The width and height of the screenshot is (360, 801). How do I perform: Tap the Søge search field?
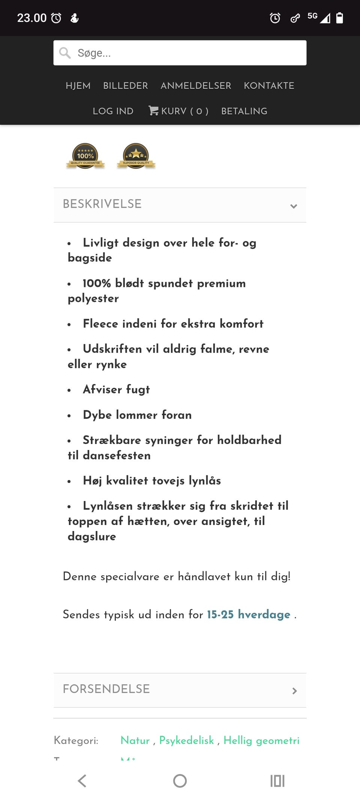(x=180, y=53)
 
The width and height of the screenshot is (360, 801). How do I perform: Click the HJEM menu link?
(x=78, y=86)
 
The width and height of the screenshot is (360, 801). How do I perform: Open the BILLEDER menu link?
(x=125, y=86)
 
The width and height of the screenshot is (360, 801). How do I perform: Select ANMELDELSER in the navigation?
(x=196, y=86)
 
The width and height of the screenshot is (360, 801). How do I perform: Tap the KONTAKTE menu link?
(x=269, y=86)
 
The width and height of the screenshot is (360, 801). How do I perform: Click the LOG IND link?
(x=113, y=111)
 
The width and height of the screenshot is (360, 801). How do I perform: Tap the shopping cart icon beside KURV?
(x=153, y=111)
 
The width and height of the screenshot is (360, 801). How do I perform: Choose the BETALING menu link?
(x=244, y=111)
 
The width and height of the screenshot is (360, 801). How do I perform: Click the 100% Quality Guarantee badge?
(x=85, y=156)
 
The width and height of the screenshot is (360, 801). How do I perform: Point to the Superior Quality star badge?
(x=136, y=156)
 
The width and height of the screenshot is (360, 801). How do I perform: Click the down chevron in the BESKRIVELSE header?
(x=294, y=206)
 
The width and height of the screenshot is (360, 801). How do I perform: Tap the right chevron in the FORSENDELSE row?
(x=294, y=691)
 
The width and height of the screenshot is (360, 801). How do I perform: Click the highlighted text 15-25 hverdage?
(x=249, y=615)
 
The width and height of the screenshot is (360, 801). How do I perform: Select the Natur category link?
(x=135, y=740)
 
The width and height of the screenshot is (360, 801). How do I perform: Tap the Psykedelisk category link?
(x=186, y=740)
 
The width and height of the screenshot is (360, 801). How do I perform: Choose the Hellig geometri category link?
(x=261, y=740)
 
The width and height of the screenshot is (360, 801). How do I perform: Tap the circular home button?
(x=180, y=781)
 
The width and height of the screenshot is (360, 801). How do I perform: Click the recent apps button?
(x=277, y=781)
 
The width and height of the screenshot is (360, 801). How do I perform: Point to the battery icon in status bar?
(x=339, y=18)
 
